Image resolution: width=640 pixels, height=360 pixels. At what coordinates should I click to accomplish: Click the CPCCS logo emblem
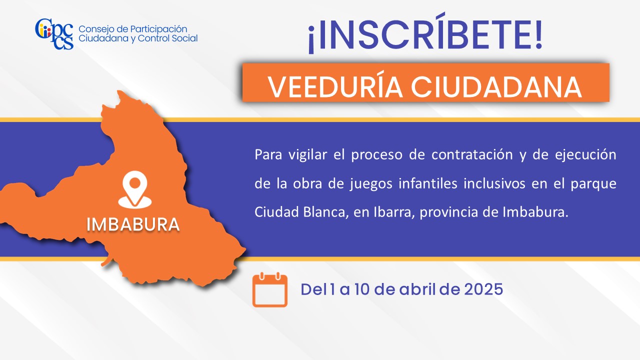pyautogui.click(x=54, y=34)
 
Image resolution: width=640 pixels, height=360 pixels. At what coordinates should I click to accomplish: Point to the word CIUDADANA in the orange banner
pyautogui.click(x=496, y=87)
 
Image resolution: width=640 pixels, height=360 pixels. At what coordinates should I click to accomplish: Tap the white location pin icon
pyautogui.click(x=135, y=189)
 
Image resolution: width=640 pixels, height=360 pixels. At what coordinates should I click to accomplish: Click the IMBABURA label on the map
pyautogui.click(x=133, y=224)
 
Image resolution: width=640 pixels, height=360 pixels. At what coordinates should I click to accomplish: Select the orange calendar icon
pyautogui.click(x=269, y=290)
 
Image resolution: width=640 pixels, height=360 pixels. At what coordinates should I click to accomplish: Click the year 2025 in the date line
pyautogui.click(x=483, y=289)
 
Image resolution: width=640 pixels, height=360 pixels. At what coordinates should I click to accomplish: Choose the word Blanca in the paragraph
pyautogui.click(x=325, y=212)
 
